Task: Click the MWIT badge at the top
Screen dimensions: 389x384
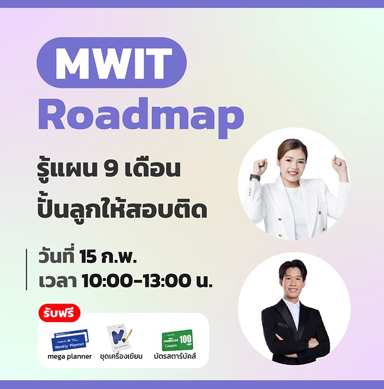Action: (112, 63)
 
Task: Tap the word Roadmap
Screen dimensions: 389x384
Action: (141, 114)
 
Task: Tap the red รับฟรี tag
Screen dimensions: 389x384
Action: (59, 313)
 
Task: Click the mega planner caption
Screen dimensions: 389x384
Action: (70, 357)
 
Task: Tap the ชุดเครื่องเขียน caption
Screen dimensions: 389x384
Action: (121, 357)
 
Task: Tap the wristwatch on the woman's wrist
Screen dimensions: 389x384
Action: (255, 177)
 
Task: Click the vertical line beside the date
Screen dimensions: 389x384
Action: (26, 269)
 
